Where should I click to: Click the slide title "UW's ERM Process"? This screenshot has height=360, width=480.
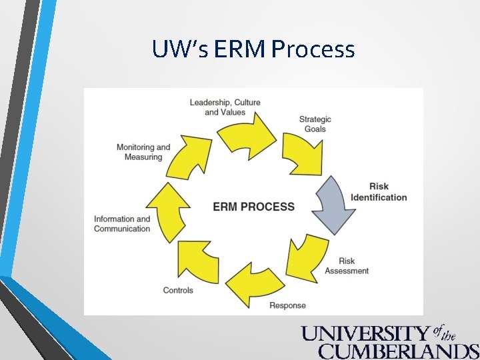[x=253, y=49]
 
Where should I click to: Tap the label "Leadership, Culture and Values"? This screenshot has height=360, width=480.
[x=225, y=107]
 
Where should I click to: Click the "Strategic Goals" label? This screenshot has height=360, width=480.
[x=315, y=124]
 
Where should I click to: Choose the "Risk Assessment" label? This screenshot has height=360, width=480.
[x=347, y=266]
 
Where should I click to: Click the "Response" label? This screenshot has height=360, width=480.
[x=287, y=305]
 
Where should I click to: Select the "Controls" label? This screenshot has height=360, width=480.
[x=178, y=290]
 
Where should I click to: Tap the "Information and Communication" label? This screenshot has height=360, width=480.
[x=122, y=224]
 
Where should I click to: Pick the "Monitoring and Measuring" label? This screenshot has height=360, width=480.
[x=143, y=152]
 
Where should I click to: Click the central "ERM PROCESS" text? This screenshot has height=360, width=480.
[x=253, y=207]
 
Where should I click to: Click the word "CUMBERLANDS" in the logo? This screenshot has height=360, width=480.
[x=399, y=351]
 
